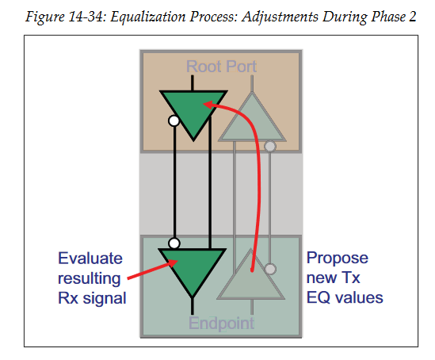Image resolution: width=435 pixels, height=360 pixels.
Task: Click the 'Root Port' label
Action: (x=221, y=67)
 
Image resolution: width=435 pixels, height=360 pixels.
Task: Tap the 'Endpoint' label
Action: (x=221, y=323)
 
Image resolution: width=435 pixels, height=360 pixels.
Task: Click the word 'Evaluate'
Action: (x=90, y=259)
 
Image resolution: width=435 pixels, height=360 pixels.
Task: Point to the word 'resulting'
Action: (x=89, y=279)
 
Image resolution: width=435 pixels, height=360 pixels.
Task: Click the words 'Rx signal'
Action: (x=92, y=299)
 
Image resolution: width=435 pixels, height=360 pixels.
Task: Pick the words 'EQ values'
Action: (x=345, y=298)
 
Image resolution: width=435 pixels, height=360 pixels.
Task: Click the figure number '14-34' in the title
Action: (x=85, y=17)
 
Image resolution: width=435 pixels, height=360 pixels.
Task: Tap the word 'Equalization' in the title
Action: (x=148, y=17)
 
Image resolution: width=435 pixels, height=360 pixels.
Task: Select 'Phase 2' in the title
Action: (x=394, y=17)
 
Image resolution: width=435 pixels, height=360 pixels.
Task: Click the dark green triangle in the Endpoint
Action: (x=192, y=270)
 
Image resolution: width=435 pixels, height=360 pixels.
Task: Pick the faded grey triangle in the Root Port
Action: (x=252, y=122)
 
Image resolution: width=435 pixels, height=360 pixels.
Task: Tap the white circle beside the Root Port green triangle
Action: (x=174, y=121)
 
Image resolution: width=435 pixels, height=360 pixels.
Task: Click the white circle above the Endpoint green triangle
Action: (x=174, y=243)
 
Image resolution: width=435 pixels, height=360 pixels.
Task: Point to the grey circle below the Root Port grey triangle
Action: (x=270, y=146)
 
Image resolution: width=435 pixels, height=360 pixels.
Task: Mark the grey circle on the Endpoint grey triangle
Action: (x=270, y=269)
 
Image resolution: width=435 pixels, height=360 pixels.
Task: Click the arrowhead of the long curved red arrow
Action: (x=208, y=105)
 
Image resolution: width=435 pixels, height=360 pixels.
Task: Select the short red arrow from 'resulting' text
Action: (x=152, y=269)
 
